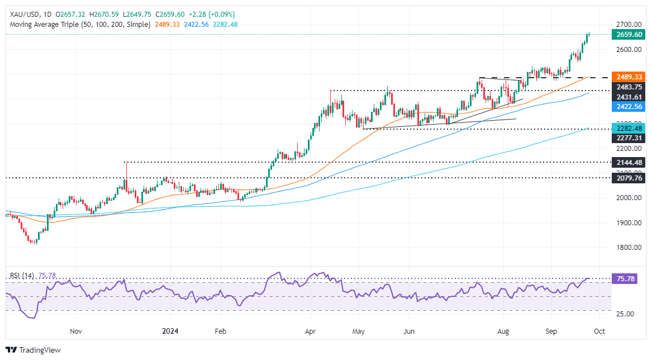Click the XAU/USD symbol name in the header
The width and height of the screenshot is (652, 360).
click(x=21, y=14)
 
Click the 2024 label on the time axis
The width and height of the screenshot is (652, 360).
click(x=170, y=331)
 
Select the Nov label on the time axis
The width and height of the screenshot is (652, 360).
click(x=77, y=331)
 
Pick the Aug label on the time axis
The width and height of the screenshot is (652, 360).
click(x=504, y=331)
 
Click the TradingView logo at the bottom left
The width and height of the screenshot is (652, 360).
click(x=34, y=350)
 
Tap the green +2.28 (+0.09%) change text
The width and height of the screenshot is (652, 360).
click(x=213, y=14)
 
